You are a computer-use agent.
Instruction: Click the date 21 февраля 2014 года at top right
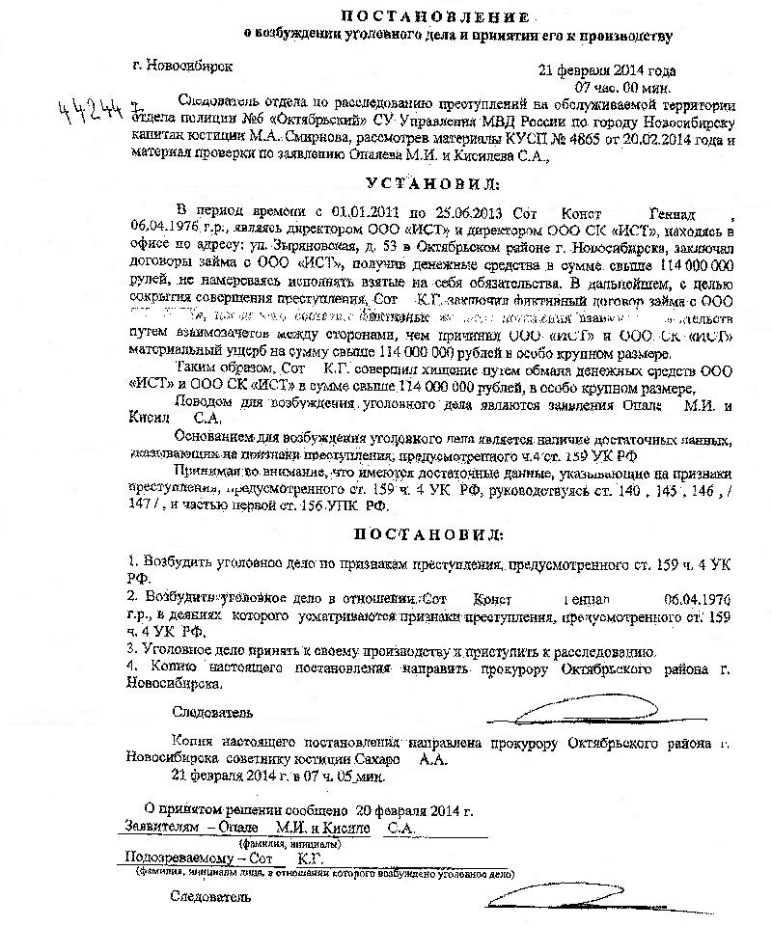coord(607,70)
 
